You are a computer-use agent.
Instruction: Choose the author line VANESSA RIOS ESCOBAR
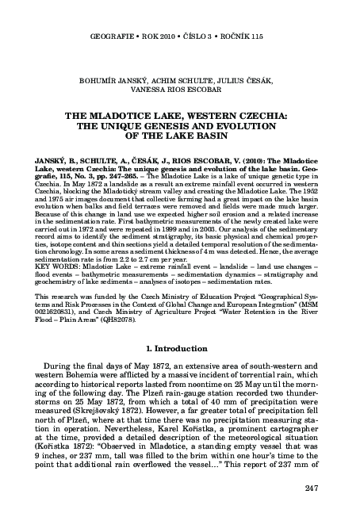pos(179,90)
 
